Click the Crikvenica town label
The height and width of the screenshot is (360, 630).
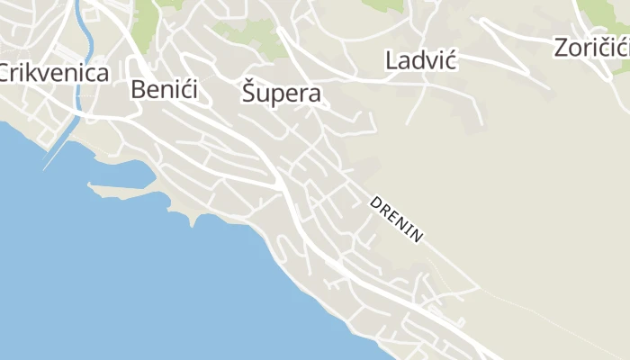[54, 74]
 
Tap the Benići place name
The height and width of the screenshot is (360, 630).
[164, 90]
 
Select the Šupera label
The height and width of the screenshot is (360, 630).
[281, 94]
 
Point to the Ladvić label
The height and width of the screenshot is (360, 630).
[421, 60]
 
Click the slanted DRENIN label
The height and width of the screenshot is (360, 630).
[396, 219]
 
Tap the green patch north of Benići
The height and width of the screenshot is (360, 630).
[147, 13]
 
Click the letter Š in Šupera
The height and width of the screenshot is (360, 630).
[250, 93]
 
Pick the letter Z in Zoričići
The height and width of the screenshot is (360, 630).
[562, 48]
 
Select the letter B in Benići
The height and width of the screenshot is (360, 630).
[139, 90]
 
